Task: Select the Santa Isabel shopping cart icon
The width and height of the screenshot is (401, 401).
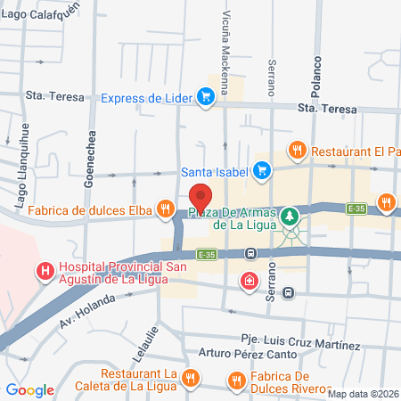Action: pos(261,169)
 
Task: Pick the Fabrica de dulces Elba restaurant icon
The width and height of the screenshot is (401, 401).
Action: pos(164,210)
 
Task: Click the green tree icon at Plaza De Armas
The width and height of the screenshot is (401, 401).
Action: pos(290,217)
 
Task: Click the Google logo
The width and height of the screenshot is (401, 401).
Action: pos(30,389)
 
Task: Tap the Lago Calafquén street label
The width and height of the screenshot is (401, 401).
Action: pos(41,13)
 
